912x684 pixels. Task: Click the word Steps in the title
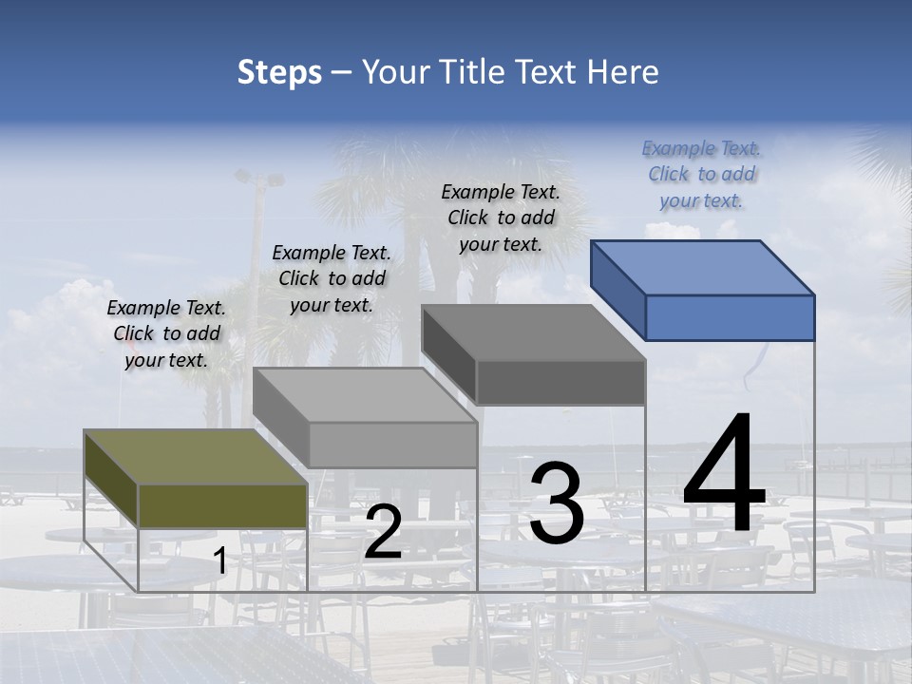point(279,72)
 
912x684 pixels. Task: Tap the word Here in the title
point(622,72)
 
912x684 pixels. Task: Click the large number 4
point(724,475)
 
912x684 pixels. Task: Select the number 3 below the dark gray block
point(556,503)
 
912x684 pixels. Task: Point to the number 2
point(383,533)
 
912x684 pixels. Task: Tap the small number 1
point(220,561)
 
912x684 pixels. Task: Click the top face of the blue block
point(703,267)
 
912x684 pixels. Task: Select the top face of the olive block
point(196,457)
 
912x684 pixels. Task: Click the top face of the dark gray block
point(533,332)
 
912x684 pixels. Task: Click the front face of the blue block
point(730,317)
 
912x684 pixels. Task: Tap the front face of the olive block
point(222,505)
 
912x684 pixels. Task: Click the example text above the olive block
point(166,333)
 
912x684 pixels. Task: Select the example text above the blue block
point(702,174)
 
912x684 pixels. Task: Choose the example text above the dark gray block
point(501,218)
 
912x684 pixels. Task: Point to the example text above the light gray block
point(332,278)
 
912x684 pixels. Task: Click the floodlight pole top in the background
point(258,178)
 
